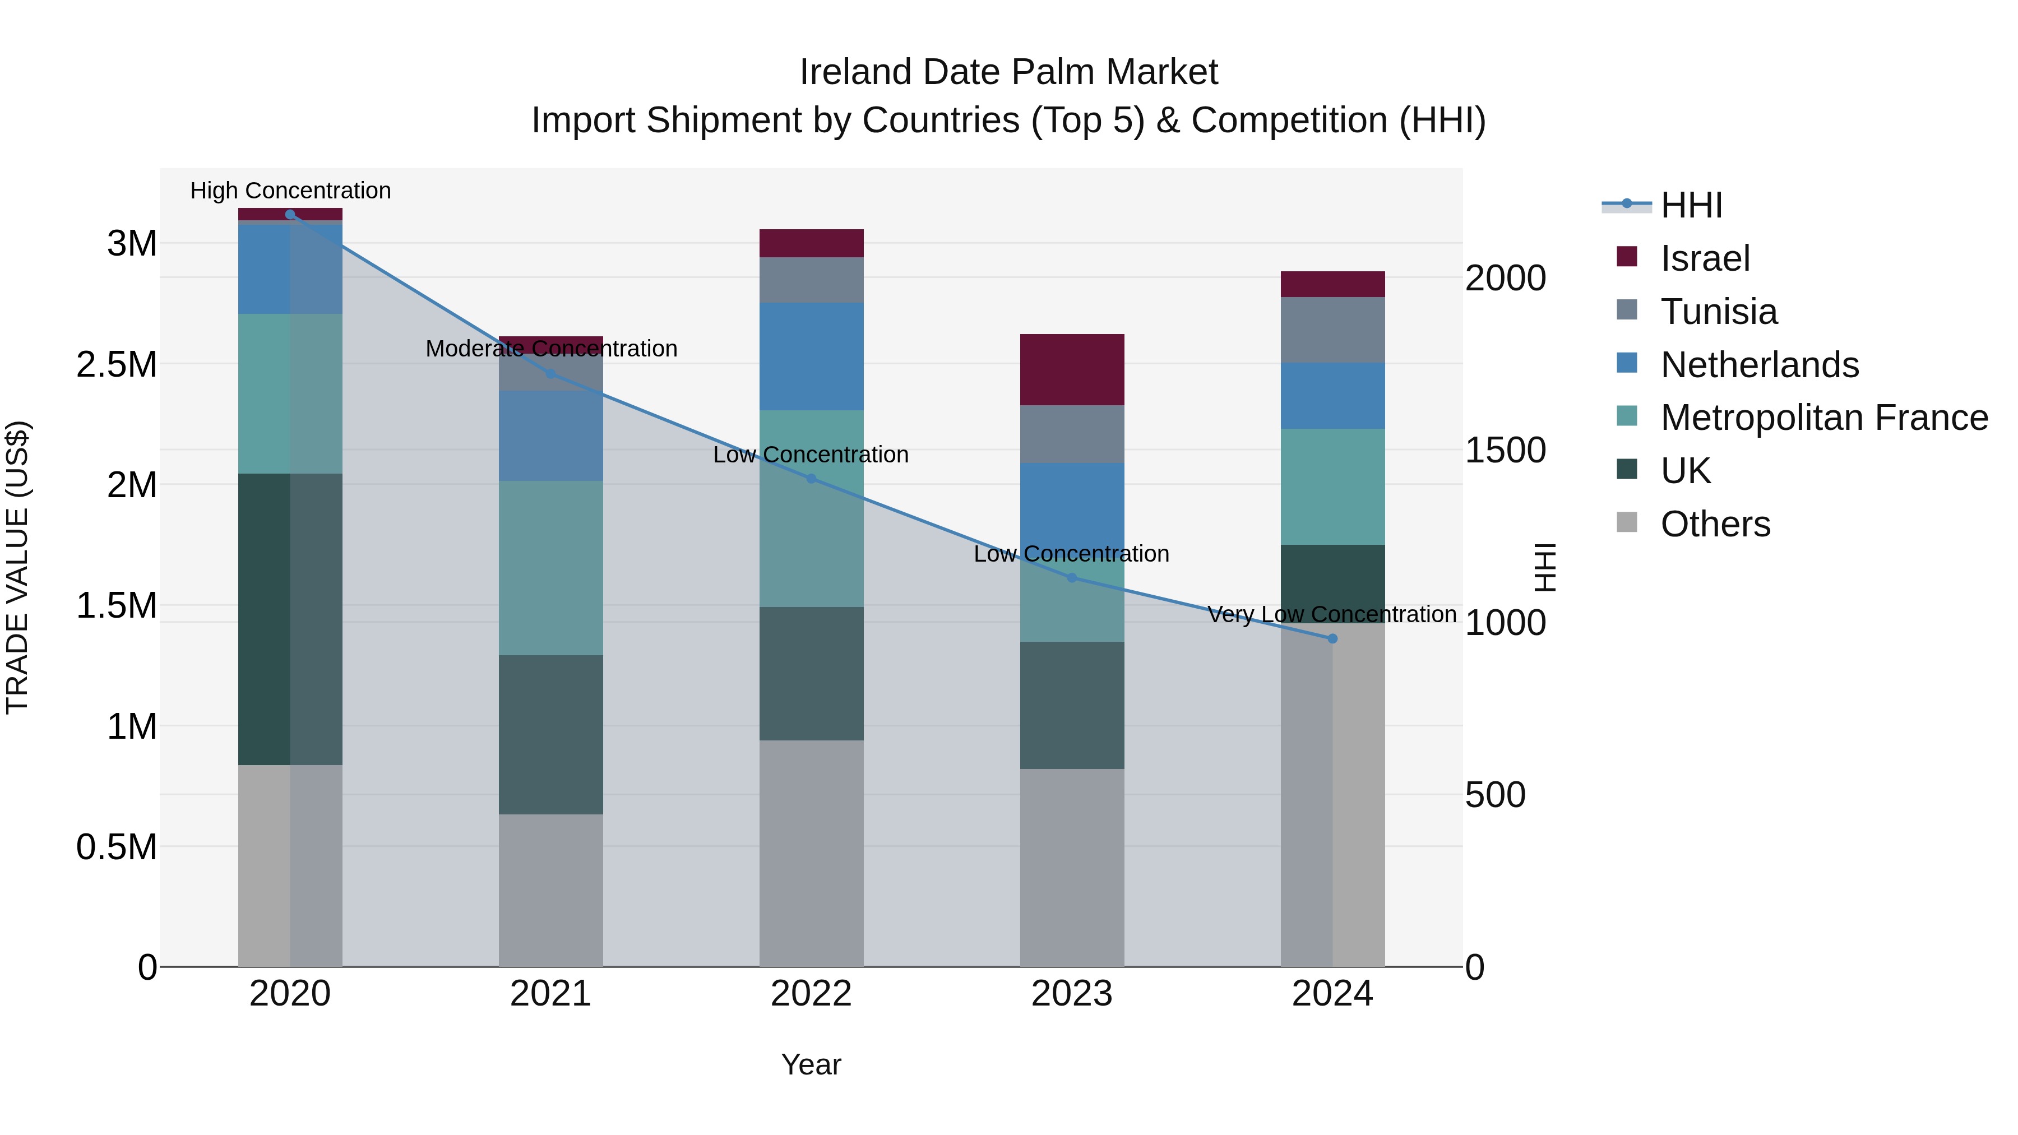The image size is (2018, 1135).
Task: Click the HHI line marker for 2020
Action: click(x=290, y=214)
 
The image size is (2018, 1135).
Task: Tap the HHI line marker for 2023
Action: click(x=1072, y=577)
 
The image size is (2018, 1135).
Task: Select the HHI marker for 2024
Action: click(x=1332, y=638)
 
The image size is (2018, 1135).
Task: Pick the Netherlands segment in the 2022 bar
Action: click(x=811, y=356)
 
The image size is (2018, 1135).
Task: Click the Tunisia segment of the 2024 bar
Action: click(x=1332, y=329)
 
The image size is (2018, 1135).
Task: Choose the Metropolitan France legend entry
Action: click(x=1823, y=418)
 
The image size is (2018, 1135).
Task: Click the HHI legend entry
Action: click(x=1691, y=205)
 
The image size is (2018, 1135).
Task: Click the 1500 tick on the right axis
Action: click(x=1505, y=451)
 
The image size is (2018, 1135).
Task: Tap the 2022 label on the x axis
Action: click(x=811, y=994)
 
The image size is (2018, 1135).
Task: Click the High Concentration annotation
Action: click(x=290, y=191)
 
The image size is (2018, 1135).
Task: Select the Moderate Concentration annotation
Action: click(x=550, y=349)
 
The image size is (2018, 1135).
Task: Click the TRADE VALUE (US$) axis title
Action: click(x=18, y=567)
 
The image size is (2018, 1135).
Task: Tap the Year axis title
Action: click(x=811, y=1064)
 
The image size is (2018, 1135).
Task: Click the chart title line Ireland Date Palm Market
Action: click(x=1008, y=72)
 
